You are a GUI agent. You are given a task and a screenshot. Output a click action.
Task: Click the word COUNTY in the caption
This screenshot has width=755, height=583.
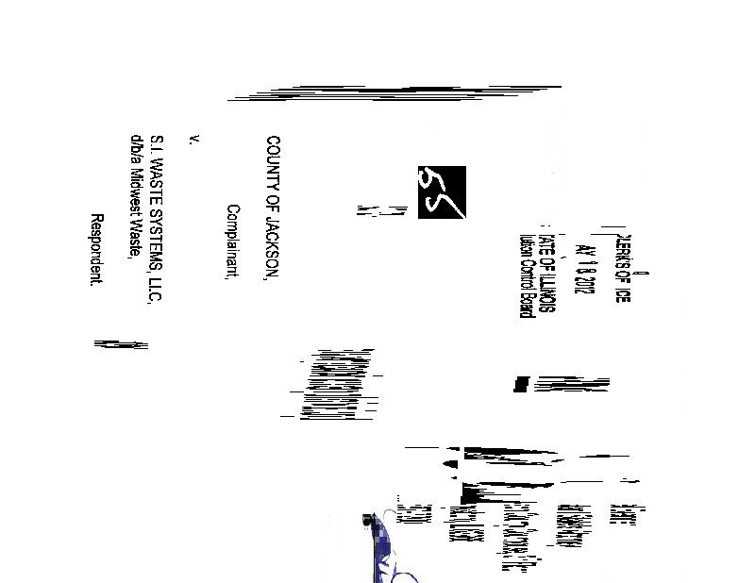click(x=274, y=161)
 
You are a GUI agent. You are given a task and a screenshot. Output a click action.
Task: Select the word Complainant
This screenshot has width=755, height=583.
click(x=232, y=243)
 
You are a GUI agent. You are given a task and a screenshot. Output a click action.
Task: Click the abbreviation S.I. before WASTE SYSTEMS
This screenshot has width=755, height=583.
click(x=157, y=144)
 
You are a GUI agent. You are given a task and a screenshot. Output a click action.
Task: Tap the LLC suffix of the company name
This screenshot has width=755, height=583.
click(x=157, y=289)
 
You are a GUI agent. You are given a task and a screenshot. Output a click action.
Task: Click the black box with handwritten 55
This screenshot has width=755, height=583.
click(x=442, y=192)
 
